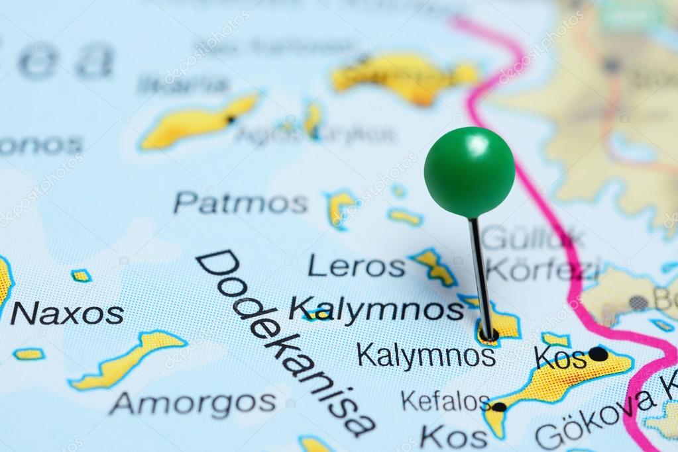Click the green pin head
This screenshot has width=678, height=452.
point(469,172)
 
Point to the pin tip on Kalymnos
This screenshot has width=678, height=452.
point(488,336)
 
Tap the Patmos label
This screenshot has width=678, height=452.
point(241,203)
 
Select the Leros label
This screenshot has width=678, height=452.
point(356,267)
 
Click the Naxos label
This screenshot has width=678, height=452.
point(67,313)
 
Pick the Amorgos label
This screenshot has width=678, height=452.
point(193,402)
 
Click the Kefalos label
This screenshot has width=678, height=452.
point(445,401)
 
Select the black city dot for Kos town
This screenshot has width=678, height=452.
point(598,354)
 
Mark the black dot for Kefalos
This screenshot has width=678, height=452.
point(498,407)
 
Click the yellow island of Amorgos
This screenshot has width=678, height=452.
point(129,360)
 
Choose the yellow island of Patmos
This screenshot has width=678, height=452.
point(340,206)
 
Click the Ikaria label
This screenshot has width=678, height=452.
point(183,85)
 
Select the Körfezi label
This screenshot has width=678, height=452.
point(543,269)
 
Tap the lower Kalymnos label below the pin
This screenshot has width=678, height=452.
point(425,356)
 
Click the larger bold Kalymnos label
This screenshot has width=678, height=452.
point(376,308)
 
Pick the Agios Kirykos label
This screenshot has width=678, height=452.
point(315,135)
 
